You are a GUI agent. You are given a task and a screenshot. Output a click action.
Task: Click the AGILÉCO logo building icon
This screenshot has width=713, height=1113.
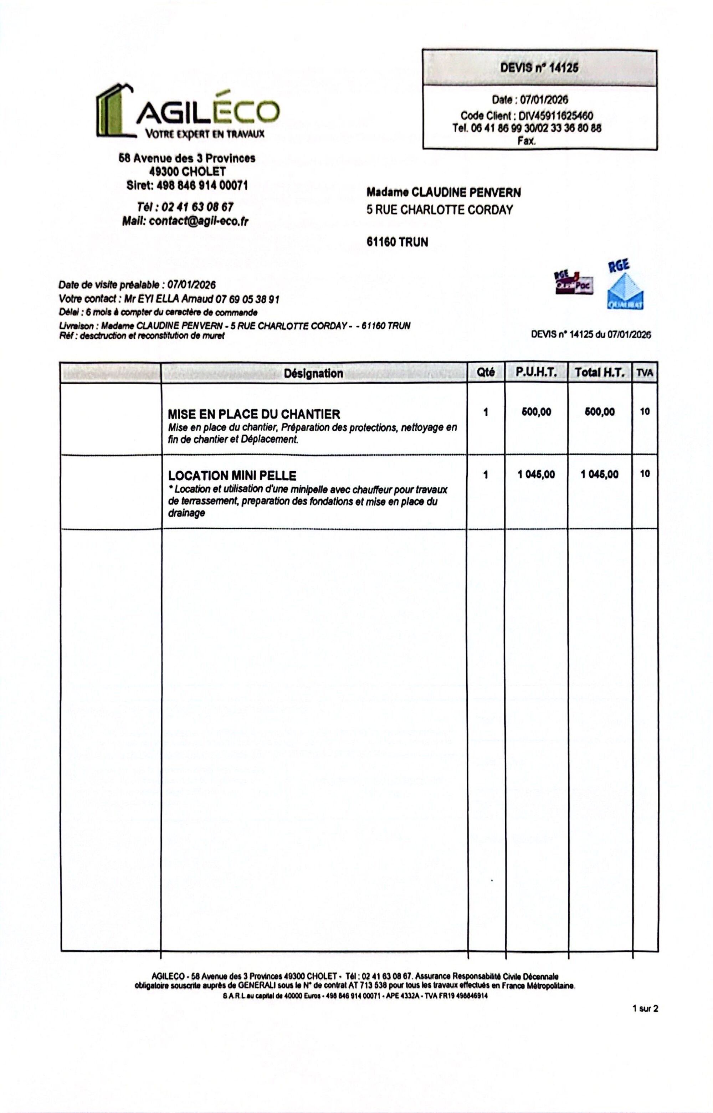113,111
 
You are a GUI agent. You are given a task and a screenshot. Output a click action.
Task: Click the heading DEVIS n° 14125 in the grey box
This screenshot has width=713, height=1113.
539,68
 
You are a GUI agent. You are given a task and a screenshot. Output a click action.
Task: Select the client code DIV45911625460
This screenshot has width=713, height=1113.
555,116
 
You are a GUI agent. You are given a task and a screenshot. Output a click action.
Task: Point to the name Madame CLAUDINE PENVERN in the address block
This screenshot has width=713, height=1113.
443,193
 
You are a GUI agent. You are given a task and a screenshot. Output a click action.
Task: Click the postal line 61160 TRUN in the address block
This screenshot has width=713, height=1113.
397,242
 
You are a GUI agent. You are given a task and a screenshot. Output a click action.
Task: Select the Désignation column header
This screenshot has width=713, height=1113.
313,373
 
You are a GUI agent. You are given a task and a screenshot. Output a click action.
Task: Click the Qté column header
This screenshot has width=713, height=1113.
485,372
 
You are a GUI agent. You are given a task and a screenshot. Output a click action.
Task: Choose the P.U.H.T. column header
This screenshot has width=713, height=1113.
536,372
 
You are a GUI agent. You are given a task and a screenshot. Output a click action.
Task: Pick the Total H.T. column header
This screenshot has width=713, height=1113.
600,372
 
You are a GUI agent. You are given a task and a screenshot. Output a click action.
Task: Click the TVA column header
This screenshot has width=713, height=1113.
645,373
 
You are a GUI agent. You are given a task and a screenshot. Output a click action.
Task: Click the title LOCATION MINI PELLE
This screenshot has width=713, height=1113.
232,476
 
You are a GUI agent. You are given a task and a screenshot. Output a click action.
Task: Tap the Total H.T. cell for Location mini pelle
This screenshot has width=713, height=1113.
600,475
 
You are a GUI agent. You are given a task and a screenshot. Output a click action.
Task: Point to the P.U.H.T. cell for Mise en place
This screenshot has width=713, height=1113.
536,412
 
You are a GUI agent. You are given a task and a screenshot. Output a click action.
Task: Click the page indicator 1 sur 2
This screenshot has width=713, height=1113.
645,1009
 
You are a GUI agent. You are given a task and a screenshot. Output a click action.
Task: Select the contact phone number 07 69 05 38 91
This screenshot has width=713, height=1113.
247,299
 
